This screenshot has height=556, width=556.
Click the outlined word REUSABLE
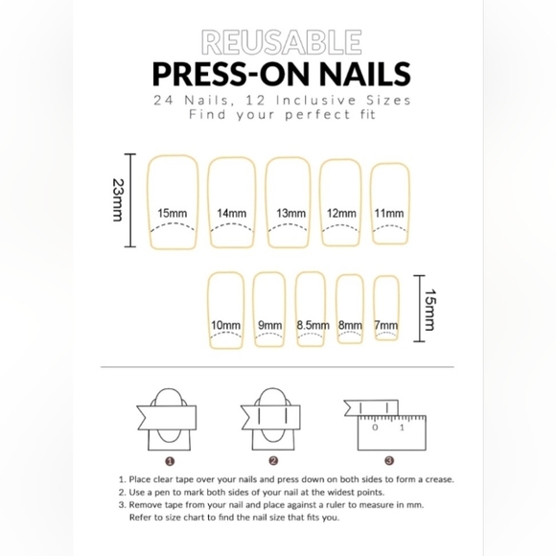click(x=282, y=42)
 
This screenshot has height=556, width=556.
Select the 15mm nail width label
click(x=173, y=213)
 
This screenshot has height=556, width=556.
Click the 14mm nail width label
click(x=232, y=213)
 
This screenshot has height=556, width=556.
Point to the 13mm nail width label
click(x=290, y=213)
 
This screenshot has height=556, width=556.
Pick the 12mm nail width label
click(x=341, y=213)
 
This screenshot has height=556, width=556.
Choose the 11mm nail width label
click(x=389, y=213)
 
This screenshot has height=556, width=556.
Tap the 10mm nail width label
click(x=225, y=325)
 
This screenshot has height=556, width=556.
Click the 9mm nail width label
click(x=269, y=325)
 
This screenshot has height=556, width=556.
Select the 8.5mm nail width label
click(x=313, y=325)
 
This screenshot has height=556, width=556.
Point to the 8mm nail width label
click(x=350, y=325)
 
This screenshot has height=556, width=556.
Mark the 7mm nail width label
click(x=385, y=325)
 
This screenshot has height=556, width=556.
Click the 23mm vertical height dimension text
click(x=118, y=200)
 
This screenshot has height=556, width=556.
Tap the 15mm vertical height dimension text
click(x=429, y=310)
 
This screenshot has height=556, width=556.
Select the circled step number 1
click(x=171, y=461)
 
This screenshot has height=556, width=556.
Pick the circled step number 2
click(x=273, y=460)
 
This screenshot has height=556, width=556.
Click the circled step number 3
click(x=389, y=460)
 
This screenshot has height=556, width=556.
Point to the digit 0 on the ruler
click(x=375, y=428)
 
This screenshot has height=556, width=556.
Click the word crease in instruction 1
click(x=440, y=479)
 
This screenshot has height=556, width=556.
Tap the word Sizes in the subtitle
click(x=388, y=101)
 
